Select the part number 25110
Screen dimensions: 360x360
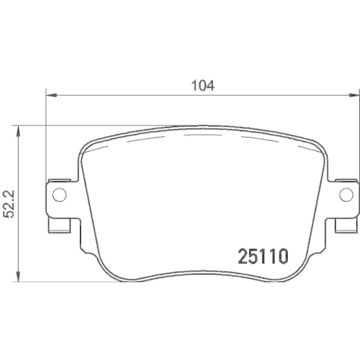[x=263, y=255]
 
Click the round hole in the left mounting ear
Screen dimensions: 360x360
[x=60, y=194]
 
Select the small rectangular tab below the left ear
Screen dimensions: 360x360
[x=58, y=225]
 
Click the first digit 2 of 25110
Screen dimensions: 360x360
[x=243, y=255]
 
